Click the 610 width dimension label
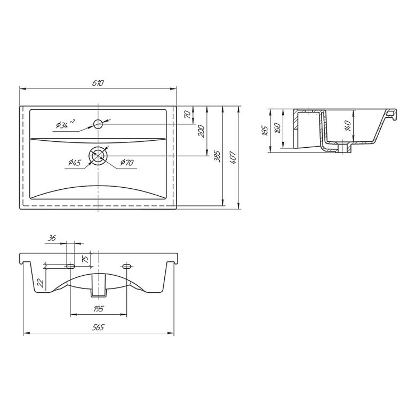[x=98, y=83]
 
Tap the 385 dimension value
[x=217, y=156]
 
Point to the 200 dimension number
[x=202, y=131]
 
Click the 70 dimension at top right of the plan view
[x=187, y=114]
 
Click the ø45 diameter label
[x=75, y=162]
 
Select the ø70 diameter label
[x=127, y=162]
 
